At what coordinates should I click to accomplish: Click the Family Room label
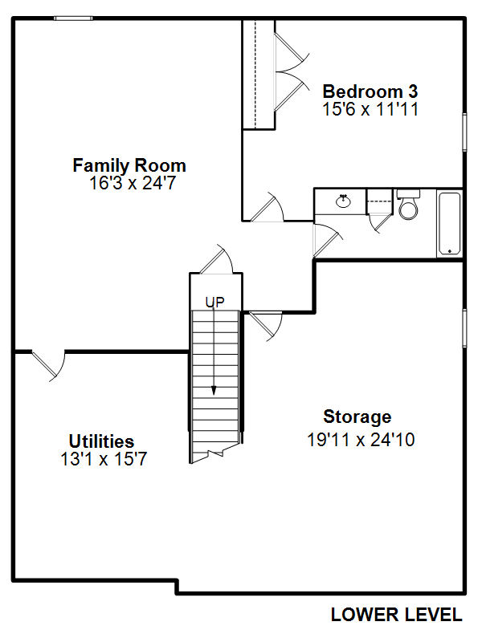(129, 165)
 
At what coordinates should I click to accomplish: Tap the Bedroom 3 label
(370, 91)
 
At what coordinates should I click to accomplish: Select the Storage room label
(357, 416)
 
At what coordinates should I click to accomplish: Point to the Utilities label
(102, 441)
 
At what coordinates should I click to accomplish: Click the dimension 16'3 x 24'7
(133, 183)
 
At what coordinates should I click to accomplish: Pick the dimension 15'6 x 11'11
(370, 109)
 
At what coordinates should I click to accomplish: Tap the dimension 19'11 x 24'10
(361, 440)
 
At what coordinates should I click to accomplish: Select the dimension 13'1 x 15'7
(104, 459)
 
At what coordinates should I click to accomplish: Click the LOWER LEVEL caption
(396, 615)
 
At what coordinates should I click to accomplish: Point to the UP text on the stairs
(214, 303)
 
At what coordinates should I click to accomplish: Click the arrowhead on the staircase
(214, 391)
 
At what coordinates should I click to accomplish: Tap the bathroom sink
(343, 201)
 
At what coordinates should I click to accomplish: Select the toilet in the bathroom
(409, 204)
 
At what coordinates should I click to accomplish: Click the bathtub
(450, 224)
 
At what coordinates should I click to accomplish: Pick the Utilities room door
(48, 366)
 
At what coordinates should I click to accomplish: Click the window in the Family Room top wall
(73, 18)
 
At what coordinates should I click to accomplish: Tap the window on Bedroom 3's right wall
(465, 132)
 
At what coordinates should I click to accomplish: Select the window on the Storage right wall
(465, 328)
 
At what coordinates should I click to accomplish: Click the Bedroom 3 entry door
(267, 207)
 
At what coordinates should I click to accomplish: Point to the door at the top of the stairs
(216, 259)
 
